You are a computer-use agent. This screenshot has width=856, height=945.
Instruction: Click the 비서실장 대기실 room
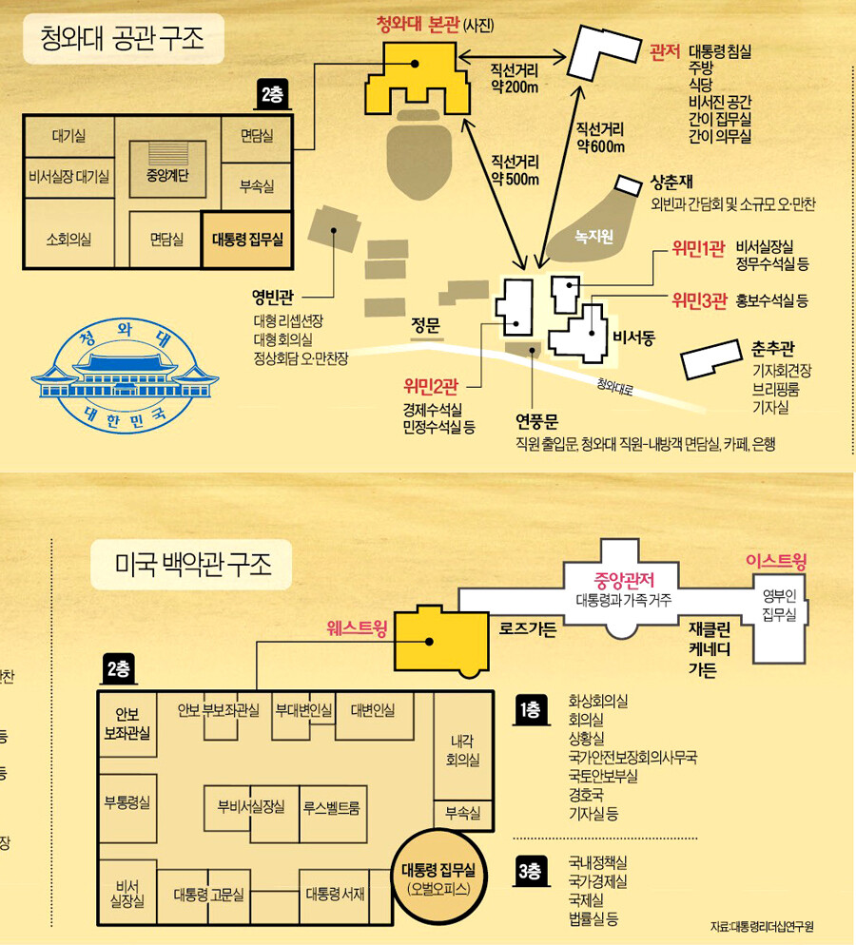pos(68,176)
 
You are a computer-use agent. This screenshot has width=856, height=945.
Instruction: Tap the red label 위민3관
pos(699,301)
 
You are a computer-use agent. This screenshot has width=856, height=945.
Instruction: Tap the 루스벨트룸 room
pos(336,806)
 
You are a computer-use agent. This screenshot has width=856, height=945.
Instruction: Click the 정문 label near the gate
pos(426,326)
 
